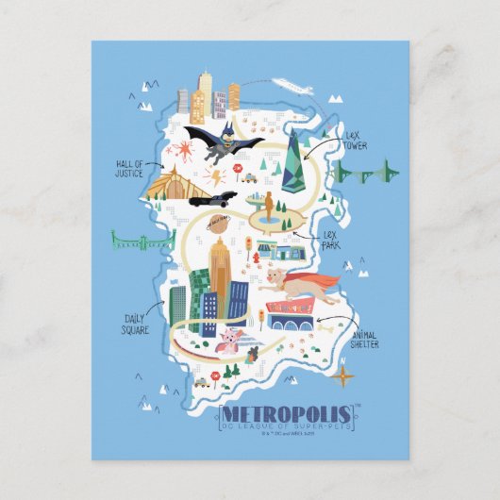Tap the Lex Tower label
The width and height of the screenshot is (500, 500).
355,141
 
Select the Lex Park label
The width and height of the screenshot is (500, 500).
329,240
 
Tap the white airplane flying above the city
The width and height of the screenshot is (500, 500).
293,87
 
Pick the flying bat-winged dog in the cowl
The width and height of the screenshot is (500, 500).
222,141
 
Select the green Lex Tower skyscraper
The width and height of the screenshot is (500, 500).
298,162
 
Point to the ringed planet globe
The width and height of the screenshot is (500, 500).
219,221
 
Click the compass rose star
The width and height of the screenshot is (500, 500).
345,375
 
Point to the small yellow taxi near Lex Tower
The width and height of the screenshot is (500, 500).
249,176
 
